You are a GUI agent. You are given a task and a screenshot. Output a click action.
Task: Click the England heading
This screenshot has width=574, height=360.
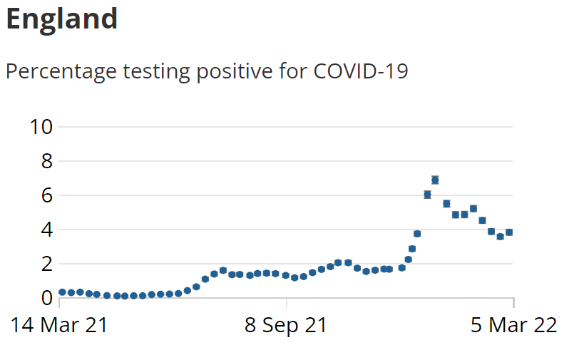(61, 19)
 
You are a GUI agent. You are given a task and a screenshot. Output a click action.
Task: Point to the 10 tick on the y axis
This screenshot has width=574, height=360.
(41, 127)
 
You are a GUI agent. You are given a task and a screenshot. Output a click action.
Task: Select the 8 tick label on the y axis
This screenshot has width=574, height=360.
(48, 161)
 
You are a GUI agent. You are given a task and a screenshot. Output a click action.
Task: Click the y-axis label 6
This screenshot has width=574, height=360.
(48, 195)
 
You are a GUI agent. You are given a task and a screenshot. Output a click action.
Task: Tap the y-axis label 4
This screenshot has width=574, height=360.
(48, 230)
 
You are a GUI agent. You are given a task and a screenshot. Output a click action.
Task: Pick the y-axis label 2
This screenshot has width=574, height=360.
(48, 264)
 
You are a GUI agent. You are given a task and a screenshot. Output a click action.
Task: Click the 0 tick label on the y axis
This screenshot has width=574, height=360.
(48, 297)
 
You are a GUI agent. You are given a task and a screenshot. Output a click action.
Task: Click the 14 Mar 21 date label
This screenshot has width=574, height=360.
(60, 325)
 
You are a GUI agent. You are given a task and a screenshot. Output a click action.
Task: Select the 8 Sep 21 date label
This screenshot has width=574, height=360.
(286, 325)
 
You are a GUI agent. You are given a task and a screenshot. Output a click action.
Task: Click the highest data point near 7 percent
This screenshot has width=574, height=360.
(435, 180)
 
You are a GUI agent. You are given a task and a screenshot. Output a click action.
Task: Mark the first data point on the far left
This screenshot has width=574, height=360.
(62, 292)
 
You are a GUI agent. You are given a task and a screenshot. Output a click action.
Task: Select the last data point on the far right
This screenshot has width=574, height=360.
(509, 232)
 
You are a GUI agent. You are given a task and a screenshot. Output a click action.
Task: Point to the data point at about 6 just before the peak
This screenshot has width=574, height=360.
(427, 195)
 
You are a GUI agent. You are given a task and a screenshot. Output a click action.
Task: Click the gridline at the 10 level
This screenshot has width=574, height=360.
(285, 127)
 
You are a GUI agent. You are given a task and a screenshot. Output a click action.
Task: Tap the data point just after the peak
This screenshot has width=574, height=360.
(446, 203)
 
